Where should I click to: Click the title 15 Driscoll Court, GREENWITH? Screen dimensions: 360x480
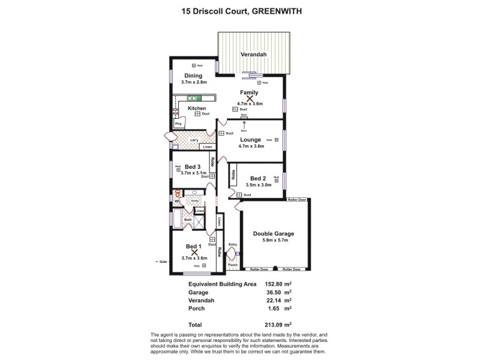coord(239,10)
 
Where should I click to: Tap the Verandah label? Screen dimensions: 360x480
coord(253,54)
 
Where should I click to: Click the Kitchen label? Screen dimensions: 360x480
coord(197,109)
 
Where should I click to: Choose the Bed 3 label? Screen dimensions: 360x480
coord(193,166)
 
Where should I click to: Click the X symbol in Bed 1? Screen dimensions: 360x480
coord(194,253)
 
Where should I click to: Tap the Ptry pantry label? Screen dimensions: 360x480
coord(178,124)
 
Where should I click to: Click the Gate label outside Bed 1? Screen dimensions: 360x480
coord(163,262)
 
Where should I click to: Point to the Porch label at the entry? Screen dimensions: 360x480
coord(233,265)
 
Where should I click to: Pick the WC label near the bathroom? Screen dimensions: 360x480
coord(178,201)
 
